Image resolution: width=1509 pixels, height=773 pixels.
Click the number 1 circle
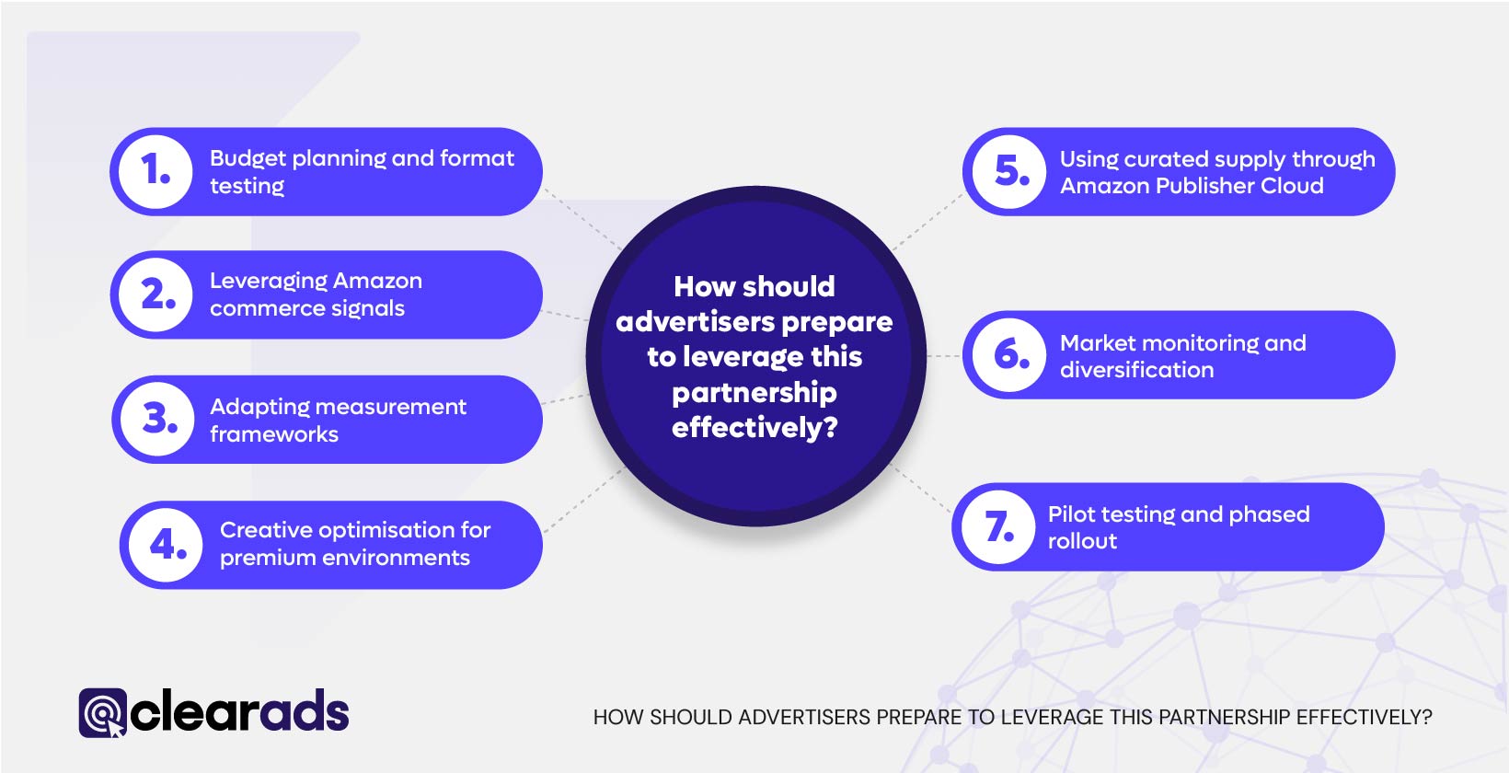156,171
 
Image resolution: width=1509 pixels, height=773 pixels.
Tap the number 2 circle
157,294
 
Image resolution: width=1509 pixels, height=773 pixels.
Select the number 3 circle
159,420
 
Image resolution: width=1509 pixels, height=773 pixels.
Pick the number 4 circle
167,545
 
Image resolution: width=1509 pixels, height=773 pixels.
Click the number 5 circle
1010,172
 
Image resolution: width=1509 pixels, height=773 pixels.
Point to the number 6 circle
1010,354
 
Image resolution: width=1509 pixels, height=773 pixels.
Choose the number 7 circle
999,527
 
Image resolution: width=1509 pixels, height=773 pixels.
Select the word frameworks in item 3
273,434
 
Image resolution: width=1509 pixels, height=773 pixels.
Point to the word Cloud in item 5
1292,186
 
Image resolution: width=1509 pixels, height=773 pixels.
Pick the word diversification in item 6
1136,370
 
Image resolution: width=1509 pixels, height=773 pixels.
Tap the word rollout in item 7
1082,541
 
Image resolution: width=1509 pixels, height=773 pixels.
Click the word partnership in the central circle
754,393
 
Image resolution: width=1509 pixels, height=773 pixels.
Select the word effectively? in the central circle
754,428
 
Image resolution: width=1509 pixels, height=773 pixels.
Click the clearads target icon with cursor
102,713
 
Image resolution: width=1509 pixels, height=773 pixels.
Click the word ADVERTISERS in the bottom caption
803,718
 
